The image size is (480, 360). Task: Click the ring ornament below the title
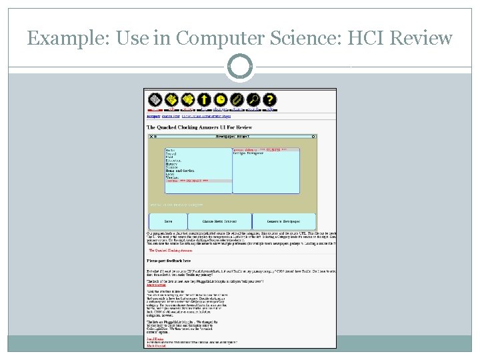[240, 67]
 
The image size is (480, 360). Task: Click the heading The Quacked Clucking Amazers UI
[199, 127]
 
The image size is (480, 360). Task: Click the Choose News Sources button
[219, 221]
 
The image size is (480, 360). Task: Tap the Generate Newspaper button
[283, 221]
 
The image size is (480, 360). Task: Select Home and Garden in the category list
[179, 171]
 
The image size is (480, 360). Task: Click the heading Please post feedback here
[169, 261]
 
